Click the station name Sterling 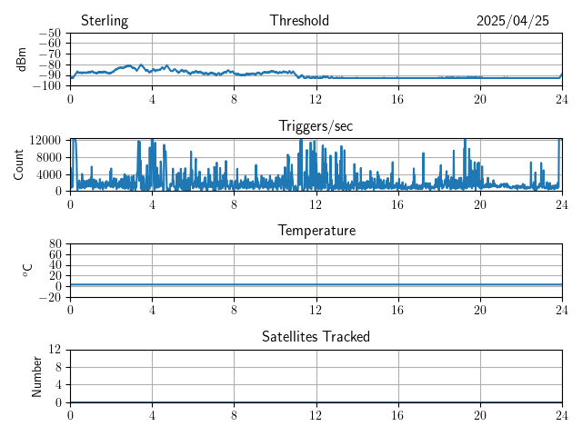(105, 21)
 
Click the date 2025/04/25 (513, 21)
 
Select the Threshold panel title (299, 21)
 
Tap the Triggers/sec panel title (316, 126)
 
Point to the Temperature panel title (316, 231)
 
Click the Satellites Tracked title (316, 336)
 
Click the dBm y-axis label (21, 59)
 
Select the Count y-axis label (19, 164)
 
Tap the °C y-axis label (27, 270)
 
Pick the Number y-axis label (37, 375)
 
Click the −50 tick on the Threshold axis (49, 34)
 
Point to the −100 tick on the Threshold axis (46, 86)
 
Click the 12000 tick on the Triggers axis (45, 140)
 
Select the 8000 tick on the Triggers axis (48, 156)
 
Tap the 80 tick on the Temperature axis (55, 244)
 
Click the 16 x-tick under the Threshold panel (398, 99)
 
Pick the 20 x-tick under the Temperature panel (480, 310)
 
